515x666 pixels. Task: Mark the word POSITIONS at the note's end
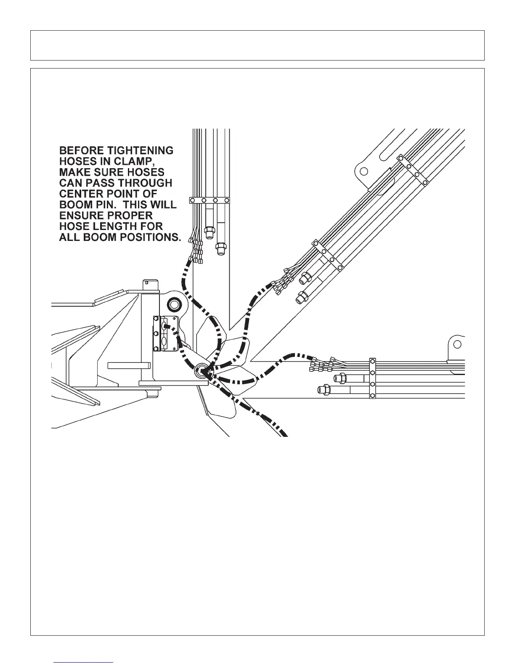[149, 237]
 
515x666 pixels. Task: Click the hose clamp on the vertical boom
[210, 201]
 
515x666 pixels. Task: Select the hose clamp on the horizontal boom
[372, 378]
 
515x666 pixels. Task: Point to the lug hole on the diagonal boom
[364, 171]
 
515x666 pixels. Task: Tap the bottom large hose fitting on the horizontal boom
[324, 390]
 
